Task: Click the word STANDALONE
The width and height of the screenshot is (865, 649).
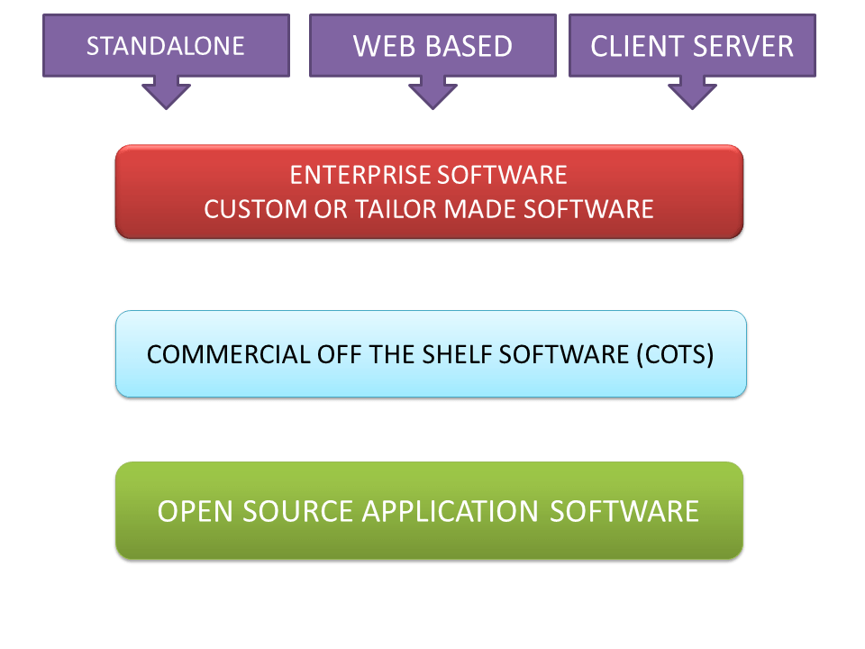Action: point(166,46)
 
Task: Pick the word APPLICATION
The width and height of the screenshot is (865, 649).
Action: point(451,511)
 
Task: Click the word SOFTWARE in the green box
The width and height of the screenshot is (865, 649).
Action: point(624,511)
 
